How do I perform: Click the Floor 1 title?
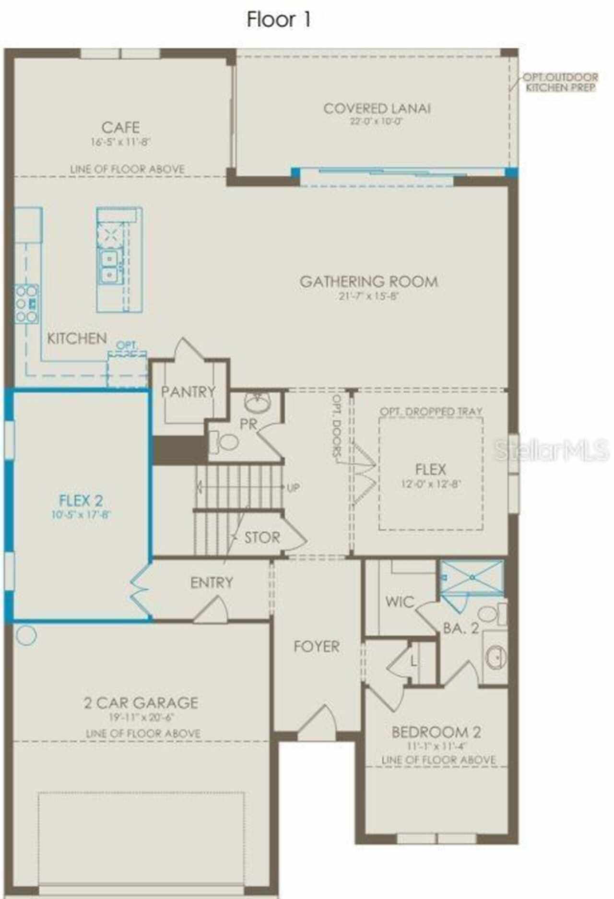pyautogui.click(x=279, y=19)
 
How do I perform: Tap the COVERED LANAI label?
pyautogui.click(x=377, y=108)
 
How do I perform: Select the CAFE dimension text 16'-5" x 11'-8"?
pyautogui.click(x=121, y=142)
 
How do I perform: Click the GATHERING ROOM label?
pyautogui.click(x=368, y=281)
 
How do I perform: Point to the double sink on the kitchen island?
pyautogui.click(x=110, y=267)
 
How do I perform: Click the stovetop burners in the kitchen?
pyautogui.click(x=26, y=304)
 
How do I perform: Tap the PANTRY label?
pyautogui.click(x=188, y=392)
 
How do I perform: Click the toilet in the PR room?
pyautogui.click(x=224, y=441)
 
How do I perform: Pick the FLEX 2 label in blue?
pyautogui.click(x=81, y=501)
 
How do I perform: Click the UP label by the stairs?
pyautogui.click(x=293, y=488)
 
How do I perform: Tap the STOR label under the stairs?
pyautogui.click(x=262, y=537)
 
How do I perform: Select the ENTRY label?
pyautogui.click(x=212, y=582)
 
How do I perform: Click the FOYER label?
pyautogui.click(x=316, y=647)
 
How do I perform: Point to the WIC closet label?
pyautogui.click(x=399, y=602)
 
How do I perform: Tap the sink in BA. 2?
pyautogui.click(x=495, y=657)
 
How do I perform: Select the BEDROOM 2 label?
pyautogui.click(x=436, y=732)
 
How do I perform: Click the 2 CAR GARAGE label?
pyautogui.click(x=141, y=703)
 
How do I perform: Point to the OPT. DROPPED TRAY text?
pyautogui.click(x=431, y=412)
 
